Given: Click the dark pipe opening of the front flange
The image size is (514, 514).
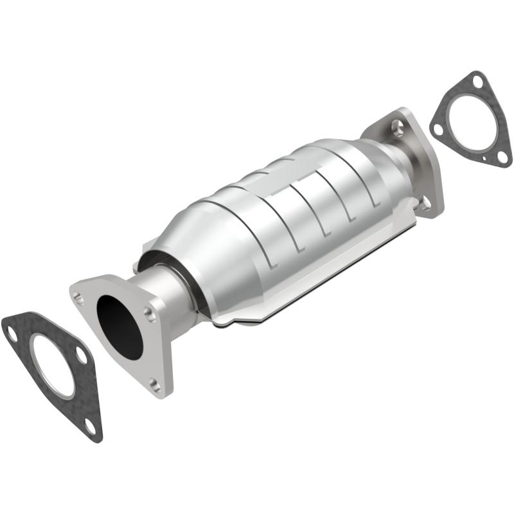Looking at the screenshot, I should [x=121, y=327].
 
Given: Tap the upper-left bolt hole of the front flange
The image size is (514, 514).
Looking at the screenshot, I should [x=78, y=297].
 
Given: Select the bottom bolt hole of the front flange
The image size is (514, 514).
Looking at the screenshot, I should [x=154, y=384].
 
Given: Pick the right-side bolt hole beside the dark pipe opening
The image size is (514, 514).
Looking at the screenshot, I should [x=150, y=314].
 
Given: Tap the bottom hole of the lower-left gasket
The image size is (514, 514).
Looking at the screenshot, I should [x=91, y=425].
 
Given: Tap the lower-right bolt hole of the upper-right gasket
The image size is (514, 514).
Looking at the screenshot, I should [x=502, y=156].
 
